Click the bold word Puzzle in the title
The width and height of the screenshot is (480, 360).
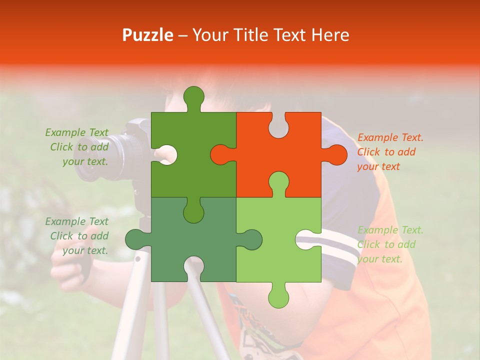148,35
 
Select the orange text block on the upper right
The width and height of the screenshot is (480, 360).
390,152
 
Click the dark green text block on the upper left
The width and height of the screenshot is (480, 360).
78,147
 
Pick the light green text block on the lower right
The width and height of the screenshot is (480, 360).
390,244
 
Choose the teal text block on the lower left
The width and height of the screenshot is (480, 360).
78,236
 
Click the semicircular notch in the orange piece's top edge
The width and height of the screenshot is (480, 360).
278,125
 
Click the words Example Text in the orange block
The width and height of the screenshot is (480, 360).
390,137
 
